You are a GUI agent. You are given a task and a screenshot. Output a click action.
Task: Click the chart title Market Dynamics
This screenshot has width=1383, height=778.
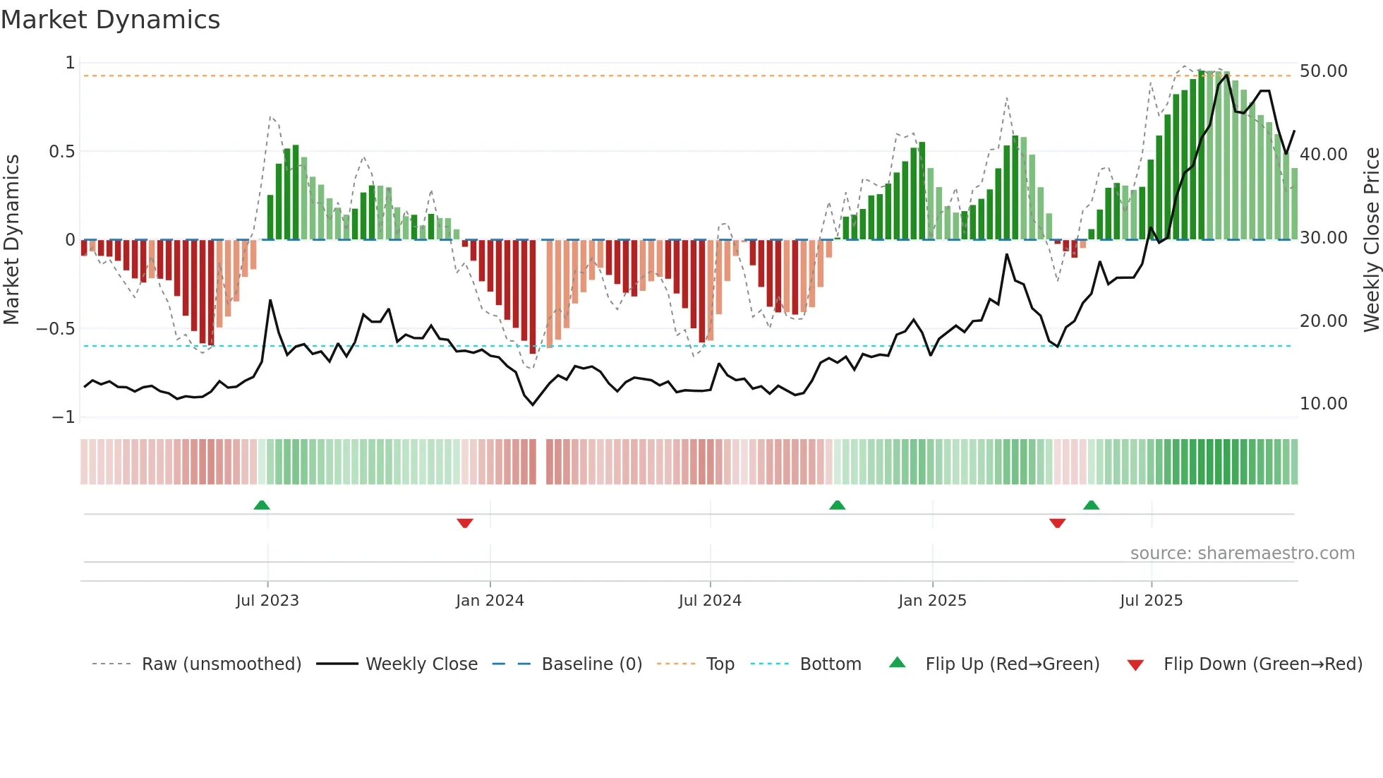pos(110,20)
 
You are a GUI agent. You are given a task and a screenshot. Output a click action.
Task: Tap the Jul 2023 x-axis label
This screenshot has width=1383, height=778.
pos(267,600)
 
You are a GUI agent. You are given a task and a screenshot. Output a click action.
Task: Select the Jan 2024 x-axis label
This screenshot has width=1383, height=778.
pos(490,600)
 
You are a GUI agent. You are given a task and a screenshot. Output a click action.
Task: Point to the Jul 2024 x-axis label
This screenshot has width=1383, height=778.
pos(710,600)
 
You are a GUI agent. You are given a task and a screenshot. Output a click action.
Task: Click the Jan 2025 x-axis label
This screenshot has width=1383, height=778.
pos(932,600)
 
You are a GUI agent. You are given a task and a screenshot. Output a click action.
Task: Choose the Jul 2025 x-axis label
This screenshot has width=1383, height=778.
pos(1151,600)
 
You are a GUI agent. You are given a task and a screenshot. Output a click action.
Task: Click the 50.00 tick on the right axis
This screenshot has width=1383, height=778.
pos(1323,71)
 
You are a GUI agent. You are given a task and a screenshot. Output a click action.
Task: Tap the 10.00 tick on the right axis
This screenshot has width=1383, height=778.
pos(1323,404)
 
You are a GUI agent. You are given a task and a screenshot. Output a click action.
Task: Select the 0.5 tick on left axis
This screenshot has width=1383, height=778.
pos(61,152)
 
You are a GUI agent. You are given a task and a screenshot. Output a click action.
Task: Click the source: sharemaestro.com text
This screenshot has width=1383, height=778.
pos(1242,553)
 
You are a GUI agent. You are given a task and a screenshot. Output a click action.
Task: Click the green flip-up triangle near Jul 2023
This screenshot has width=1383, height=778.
pos(262,505)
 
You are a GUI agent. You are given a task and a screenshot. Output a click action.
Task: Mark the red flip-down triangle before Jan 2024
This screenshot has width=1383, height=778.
pos(464,523)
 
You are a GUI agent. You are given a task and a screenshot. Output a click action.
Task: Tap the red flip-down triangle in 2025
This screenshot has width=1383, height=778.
pos(1057,523)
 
